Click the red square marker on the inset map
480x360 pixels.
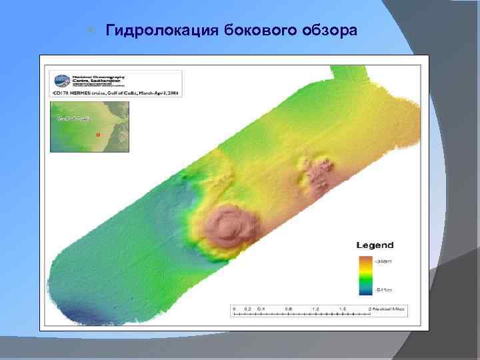tap(98, 134)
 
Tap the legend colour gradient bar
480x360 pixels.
tap(364, 275)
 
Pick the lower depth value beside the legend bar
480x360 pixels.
tap(383, 290)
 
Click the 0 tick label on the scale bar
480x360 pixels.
tap(233, 309)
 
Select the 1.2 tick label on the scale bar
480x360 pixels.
tap(316, 309)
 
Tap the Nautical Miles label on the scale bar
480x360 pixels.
tap(391, 309)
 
